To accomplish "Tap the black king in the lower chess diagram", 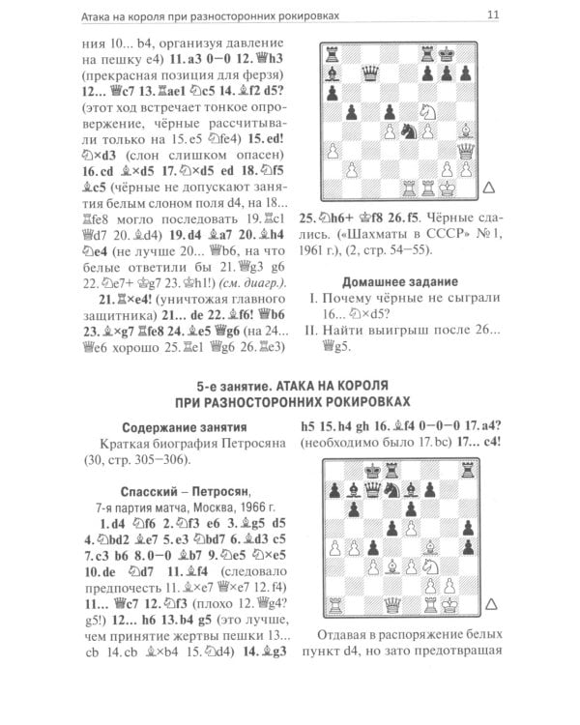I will tap(372, 469).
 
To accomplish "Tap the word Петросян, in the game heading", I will tap(220, 489).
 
